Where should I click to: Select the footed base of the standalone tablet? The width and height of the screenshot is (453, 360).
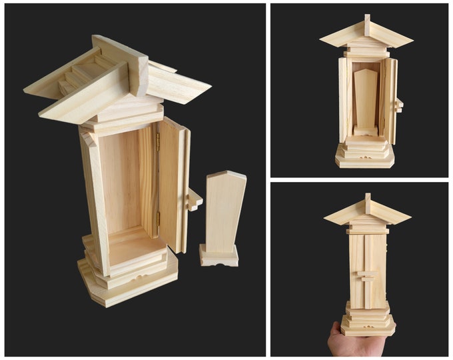tap(219, 256)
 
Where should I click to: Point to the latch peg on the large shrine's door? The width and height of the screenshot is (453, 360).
tap(195, 198)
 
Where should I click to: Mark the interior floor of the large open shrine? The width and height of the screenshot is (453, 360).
tap(133, 244)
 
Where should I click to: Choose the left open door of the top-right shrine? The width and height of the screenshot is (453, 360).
tap(344, 100)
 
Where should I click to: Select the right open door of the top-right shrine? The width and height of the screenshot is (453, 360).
tap(389, 100)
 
